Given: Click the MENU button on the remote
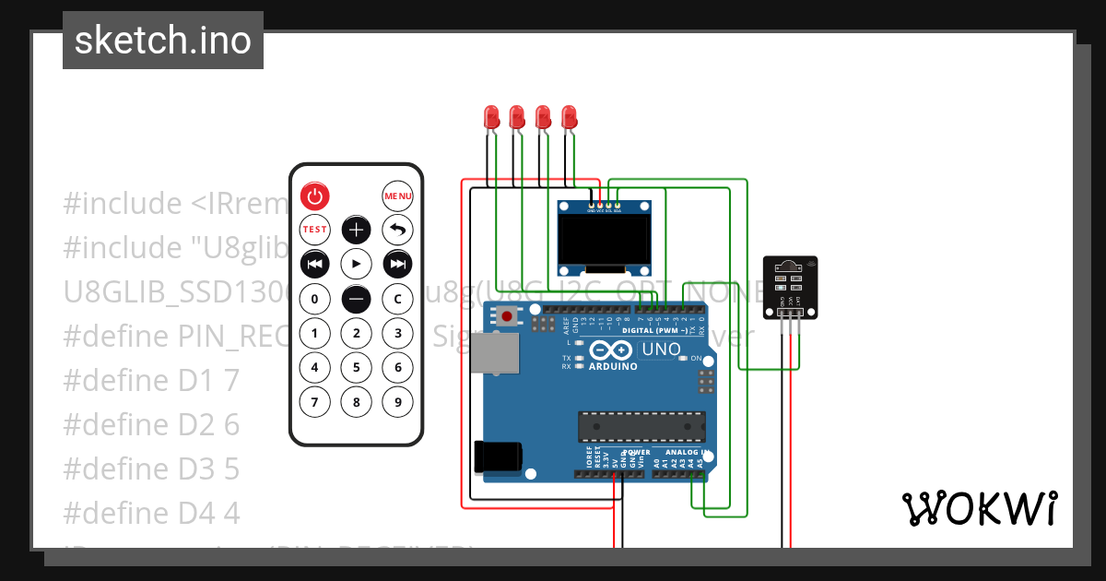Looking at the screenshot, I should point(397,196).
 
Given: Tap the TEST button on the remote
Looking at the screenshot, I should point(314,230).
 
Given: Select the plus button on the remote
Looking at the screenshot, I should point(356,230).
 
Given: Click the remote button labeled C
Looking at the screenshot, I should point(397,299).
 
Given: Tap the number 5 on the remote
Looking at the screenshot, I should point(356,368).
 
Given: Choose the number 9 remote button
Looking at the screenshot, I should point(397,402).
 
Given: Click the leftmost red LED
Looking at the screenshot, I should point(492,117).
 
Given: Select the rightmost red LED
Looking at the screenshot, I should point(570,117).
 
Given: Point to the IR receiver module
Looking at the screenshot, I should point(790,287).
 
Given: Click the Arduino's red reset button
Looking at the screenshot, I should point(506,316).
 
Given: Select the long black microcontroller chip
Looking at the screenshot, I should point(641,426).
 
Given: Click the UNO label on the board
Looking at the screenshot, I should point(661,350).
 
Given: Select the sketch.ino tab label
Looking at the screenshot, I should point(163,41).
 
